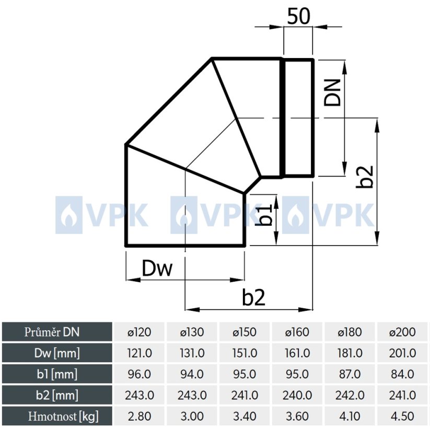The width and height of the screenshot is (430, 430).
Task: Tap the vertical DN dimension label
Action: [x=332, y=92]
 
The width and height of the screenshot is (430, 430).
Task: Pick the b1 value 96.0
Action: [x=140, y=374]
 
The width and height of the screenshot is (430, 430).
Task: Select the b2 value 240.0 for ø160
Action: [x=297, y=395]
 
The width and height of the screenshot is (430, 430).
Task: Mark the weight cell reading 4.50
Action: [x=403, y=416]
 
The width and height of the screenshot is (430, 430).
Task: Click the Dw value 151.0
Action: [x=245, y=353]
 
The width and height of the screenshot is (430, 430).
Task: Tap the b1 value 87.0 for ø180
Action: [x=350, y=374]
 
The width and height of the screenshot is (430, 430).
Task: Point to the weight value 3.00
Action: [x=192, y=416]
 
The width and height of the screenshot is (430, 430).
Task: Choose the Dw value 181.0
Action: [x=350, y=353]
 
